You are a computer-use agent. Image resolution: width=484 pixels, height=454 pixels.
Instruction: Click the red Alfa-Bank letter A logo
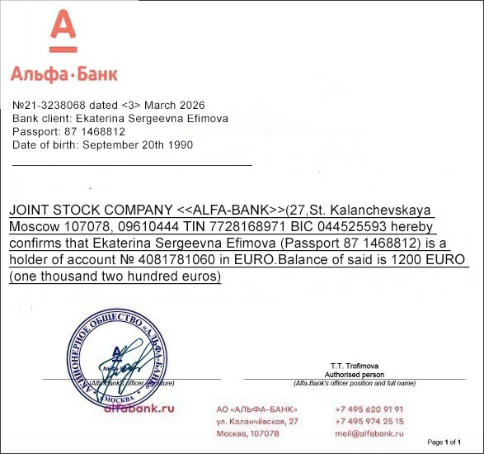pyautogui.click(x=63, y=31)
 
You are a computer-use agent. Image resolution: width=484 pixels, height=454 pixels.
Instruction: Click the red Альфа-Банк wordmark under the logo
pyautogui.click(x=63, y=73)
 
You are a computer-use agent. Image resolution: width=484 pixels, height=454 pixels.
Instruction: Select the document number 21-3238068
pyautogui.click(x=55, y=106)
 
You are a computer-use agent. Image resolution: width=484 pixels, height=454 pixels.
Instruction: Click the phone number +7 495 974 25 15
pyautogui.click(x=369, y=421)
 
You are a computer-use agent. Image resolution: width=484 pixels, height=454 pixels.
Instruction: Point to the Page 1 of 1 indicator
pyautogui.click(x=444, y=442)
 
